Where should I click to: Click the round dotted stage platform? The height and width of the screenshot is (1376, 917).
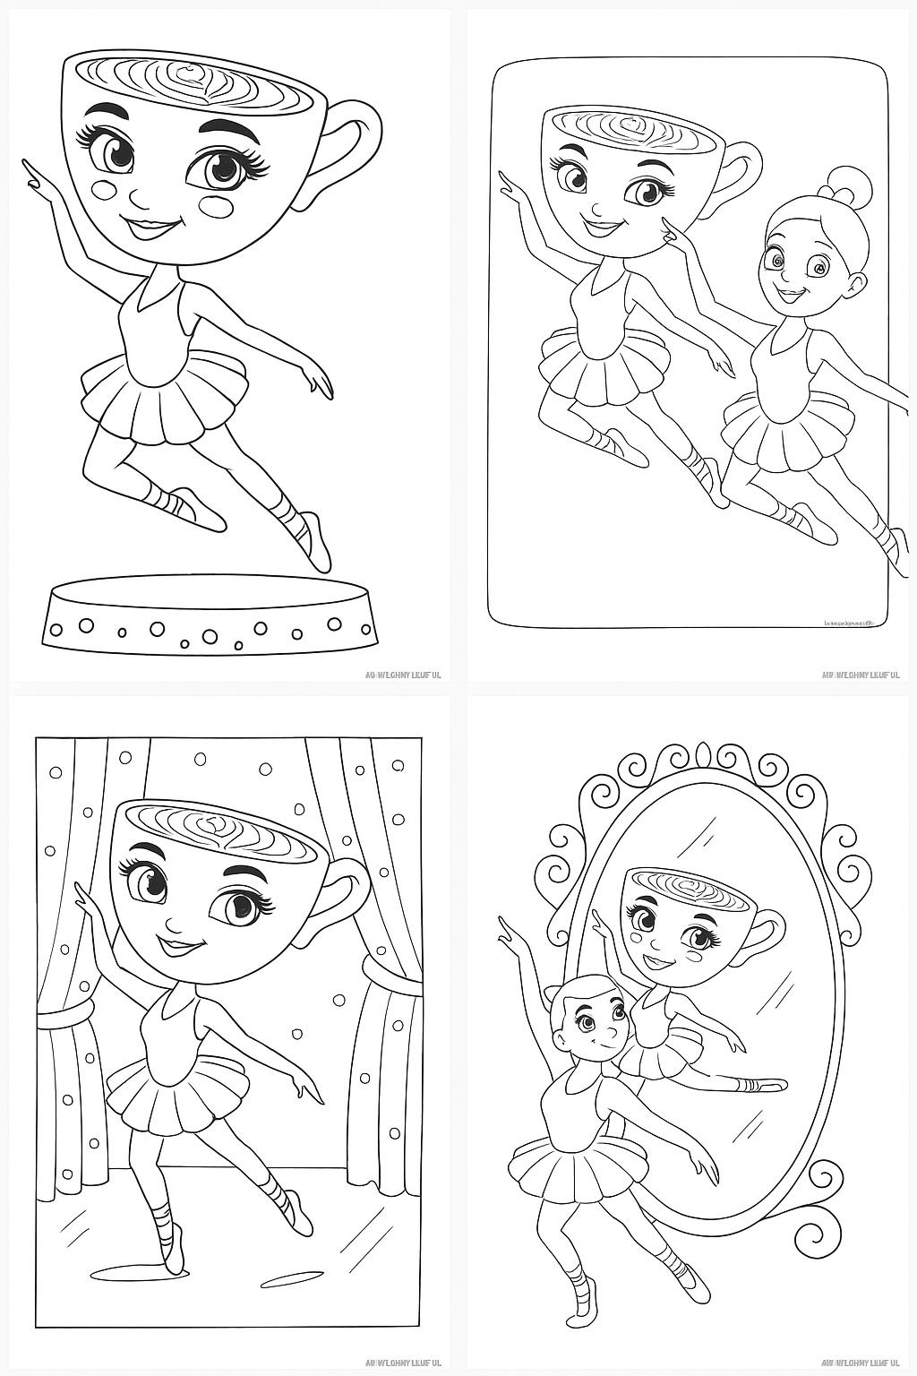[210, 618]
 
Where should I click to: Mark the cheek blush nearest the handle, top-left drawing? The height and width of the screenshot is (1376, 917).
[219, 205]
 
